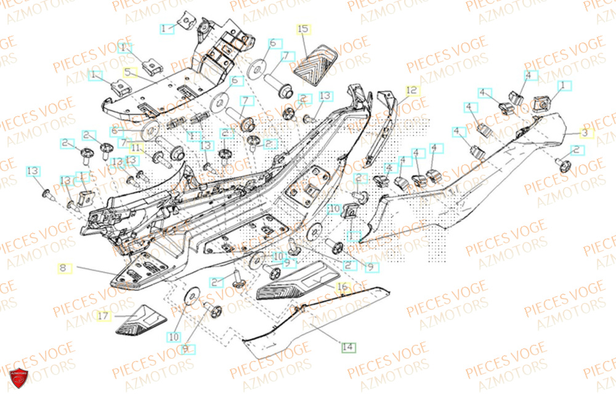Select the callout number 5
[128, 72]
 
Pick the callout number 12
[411, 90]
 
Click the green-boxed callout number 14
[348, 347]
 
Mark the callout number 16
[342, 287]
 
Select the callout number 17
[104, 316]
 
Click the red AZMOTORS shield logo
[18, 379]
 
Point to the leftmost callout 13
[33, 170]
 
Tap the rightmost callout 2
[576, 150]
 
